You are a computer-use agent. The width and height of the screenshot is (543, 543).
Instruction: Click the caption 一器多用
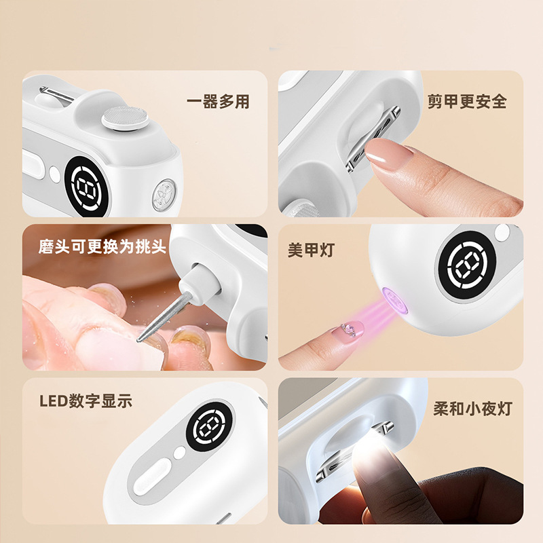[x=218, y=102]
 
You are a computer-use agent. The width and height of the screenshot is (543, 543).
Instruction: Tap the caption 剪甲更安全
[x=467, y=102]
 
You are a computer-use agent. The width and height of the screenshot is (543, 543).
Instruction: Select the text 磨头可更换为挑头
[x=102, y=246]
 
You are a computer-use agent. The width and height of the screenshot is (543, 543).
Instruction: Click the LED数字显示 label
[x=85, y=400]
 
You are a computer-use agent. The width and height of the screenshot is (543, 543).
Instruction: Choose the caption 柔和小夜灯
[x=472, y=409]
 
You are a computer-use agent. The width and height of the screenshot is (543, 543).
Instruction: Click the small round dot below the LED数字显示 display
[x=179, y=453]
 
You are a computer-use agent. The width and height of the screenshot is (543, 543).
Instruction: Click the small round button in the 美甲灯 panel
[x=502, y=233]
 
